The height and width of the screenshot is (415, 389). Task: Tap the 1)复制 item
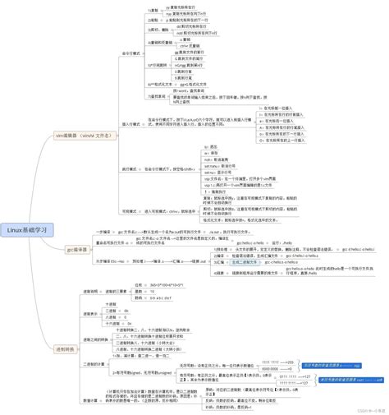(x=153, y=11)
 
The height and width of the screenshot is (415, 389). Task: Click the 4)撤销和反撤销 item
(x=161, y=41)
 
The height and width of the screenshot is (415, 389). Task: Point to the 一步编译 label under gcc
(x=105, y=233)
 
